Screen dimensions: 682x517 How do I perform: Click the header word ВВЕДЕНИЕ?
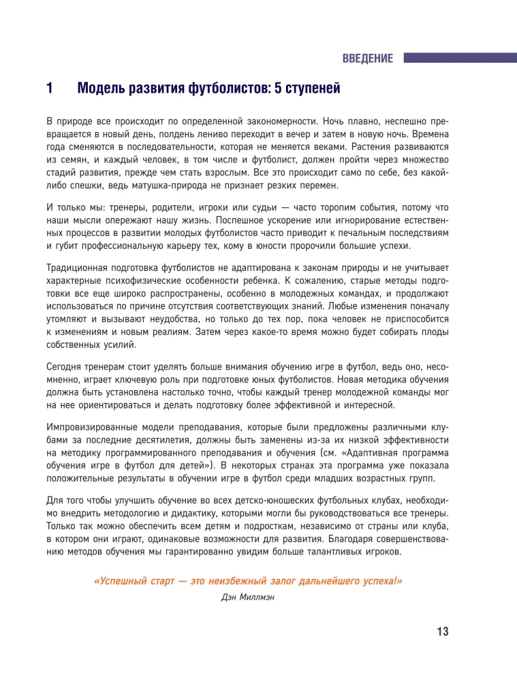367,59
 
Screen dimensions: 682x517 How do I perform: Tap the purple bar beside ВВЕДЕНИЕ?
460,59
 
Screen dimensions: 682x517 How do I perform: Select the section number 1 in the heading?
50,88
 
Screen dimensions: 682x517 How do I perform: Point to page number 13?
442,632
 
